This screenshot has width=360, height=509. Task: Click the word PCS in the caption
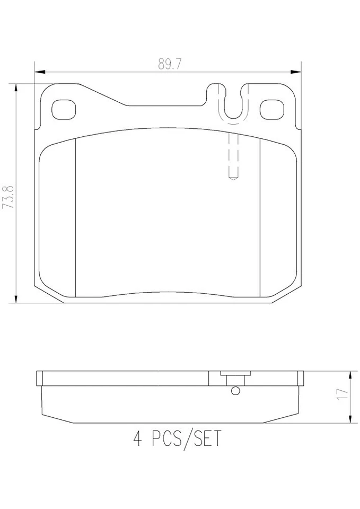164,440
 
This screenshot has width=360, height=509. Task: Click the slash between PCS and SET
185,440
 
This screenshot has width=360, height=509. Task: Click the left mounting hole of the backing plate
64,109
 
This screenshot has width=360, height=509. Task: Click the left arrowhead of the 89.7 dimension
38,72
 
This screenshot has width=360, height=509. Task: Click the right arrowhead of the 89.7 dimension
297,72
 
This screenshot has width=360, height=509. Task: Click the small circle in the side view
235,391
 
